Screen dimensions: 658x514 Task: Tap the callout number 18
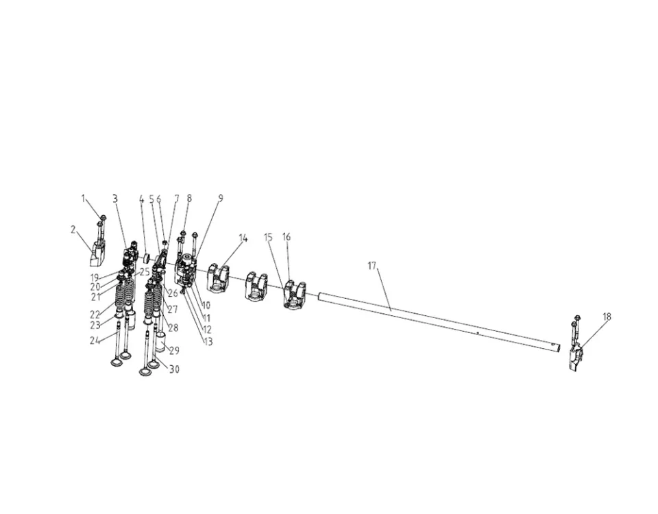pos(607,317)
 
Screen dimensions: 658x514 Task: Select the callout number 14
pos(243,238)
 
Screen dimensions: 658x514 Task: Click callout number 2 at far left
pos(73,230)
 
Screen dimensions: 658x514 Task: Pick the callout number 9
pos(220,198)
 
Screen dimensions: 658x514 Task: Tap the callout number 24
pos(95,341)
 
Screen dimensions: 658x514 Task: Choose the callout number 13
pos(208,342)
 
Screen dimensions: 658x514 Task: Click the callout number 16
pos(287,237)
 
